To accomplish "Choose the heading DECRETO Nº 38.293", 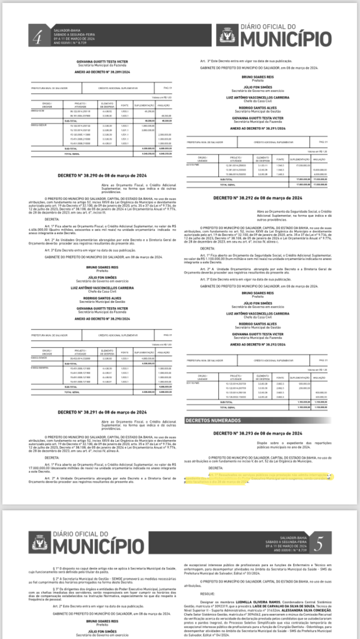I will [258, 433].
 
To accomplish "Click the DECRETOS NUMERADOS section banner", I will [221, 420].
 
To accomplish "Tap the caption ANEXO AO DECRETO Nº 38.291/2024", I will [259, 128].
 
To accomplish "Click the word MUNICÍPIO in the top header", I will [286, 39].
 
